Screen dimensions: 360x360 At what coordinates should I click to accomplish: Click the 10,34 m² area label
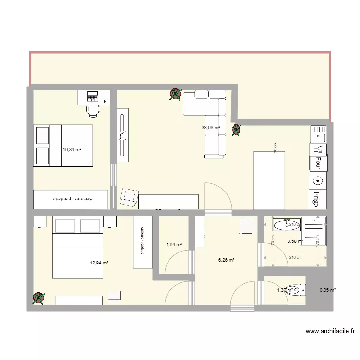72,150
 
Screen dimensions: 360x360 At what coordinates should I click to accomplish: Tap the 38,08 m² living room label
210,128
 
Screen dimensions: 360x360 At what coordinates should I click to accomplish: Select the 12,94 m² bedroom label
99,263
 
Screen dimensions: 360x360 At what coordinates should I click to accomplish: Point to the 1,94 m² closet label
174,245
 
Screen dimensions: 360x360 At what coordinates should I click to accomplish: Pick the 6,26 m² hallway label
226,260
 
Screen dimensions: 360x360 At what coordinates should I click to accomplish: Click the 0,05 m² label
327,290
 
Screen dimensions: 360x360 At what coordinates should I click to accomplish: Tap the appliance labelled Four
318,164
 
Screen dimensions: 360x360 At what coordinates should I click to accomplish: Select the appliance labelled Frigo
318,199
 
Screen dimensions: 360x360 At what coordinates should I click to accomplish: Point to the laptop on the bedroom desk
92,96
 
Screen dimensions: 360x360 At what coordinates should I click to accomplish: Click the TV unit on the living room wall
122,133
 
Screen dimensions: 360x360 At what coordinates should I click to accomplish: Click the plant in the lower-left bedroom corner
38,298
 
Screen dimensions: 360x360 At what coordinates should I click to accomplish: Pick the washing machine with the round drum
318,181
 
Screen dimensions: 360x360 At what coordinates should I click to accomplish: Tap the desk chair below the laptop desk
93,110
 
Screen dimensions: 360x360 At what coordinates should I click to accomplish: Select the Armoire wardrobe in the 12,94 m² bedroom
143,242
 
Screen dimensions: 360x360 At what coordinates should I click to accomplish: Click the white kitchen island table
269,180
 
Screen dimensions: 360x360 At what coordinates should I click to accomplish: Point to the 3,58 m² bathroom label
295,241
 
